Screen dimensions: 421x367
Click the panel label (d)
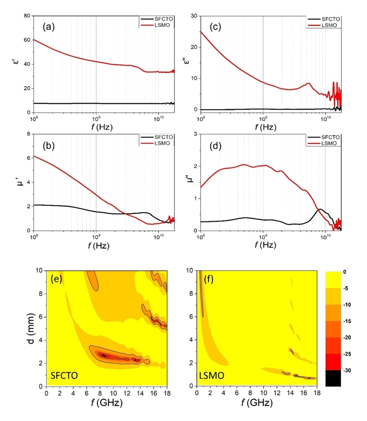click(216, 145)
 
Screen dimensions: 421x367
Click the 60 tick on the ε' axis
click(26, 40)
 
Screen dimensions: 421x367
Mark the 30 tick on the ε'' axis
click(193, 16)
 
